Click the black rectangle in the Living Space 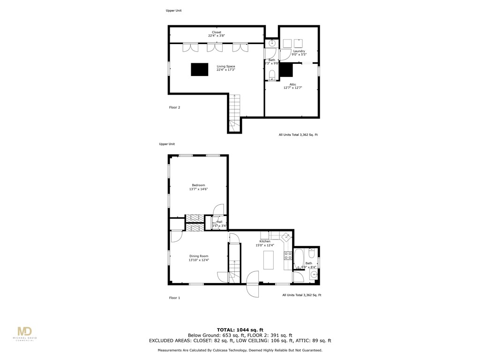(199, 69)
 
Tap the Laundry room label (299, 51)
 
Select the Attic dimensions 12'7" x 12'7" (292, 88)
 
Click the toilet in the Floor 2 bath (272, 74)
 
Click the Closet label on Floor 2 (216, 32)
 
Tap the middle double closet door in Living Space (215, 47)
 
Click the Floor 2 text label (174, 107)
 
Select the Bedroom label (198, 185)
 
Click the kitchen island (268, 260)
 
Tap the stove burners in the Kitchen (288, 256)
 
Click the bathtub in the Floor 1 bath (299, 258)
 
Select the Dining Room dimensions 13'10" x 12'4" (198, 260)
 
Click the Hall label (219, 222)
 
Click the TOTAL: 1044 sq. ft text (240, 330)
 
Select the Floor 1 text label (174, 298)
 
